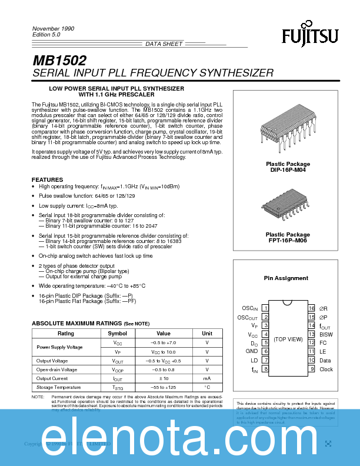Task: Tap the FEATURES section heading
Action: tap(47, 179)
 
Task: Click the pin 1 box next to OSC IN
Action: tap(266, 308)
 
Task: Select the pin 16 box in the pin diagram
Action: tap(311, 308)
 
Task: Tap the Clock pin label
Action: tap(326, 370)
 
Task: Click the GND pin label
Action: tap(252, 351)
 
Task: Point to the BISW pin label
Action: tap(326, 334)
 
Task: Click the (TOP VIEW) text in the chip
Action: tap(288, 339)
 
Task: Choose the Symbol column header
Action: tap(118, 333)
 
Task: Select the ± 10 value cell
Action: tap(163, 378)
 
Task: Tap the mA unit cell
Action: tap(207, 378)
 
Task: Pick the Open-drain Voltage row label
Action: tap(56, 370)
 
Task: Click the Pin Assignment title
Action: tap(286, 278)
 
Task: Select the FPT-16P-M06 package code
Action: tap(288, 240)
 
